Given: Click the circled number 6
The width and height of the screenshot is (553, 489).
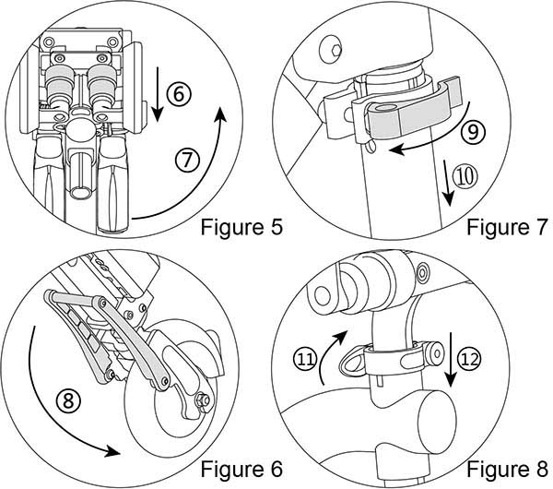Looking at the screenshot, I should [x=181, y=92].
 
